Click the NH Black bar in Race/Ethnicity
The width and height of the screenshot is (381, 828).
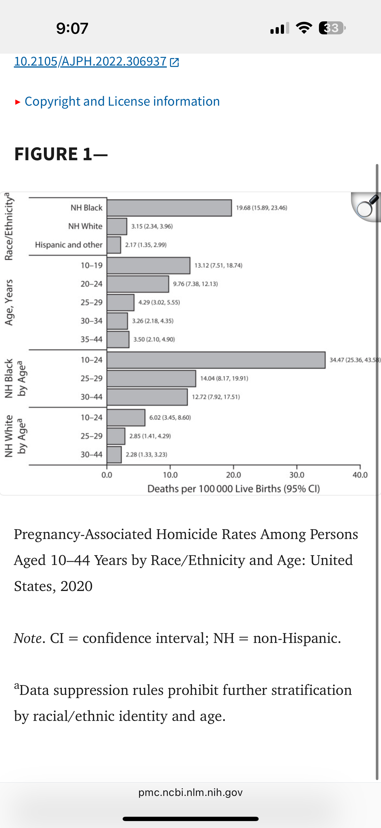pos(169,208)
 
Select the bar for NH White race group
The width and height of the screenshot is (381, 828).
pos(117,226)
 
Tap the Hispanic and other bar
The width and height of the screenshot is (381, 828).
pos(114,245)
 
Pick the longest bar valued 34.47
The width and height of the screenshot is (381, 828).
pos(216,360)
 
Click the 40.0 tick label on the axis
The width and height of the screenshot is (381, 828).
pos(360,475)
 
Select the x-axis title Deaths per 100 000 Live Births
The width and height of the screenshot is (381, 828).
pos(234,488)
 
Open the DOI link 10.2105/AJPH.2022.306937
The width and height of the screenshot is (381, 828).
pos(90,61)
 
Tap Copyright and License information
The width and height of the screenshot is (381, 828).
pos(122,101)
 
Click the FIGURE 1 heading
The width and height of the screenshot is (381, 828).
pos(61,154)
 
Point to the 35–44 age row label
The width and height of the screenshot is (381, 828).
pos(91,340)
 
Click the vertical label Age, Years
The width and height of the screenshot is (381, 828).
pos(9,302)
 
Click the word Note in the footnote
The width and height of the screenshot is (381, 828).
pos(28,638)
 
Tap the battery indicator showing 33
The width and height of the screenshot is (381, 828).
pos(332,28)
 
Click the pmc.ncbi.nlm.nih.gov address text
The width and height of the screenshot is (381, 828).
pos(190,792)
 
